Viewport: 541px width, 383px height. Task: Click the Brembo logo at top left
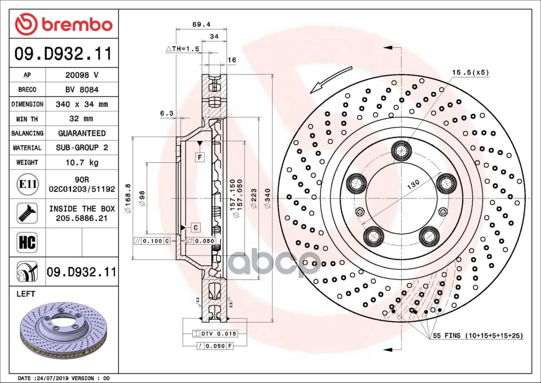pyautogui.click(x=64, y=24)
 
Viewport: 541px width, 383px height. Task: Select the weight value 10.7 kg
pyautogui.click(x=82, y=162)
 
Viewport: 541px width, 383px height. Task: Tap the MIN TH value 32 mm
pyautogui.click(x=81, y=118)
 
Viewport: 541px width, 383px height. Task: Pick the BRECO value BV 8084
pyautogui.click(x=82, y=90)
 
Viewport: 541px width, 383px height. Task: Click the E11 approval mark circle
pyautogui.click(x=28, y=184)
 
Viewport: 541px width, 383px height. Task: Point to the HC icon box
pyautogui.click(x=27, y=242)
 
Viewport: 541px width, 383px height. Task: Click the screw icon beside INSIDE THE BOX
pyautogui.click(x=27, y=213)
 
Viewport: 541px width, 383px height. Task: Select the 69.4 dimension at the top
pyautogui.click(x=202, y=25)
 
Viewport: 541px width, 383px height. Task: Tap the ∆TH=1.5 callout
pyautogui.click(x=183, y=49)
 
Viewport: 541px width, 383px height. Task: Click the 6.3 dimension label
pyautogui.click(x=167, y=113)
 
